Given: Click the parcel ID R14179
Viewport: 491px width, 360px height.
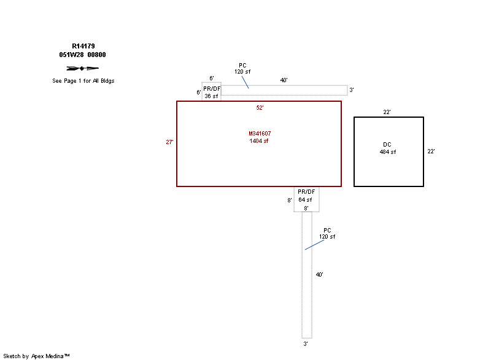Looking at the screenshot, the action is (x=83, y=46).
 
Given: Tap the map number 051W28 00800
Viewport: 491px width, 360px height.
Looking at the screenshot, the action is (x=82, y=55).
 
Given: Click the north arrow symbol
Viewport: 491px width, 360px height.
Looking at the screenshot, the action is (x=82, y=68).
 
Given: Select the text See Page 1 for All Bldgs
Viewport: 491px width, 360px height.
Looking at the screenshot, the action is (x=83, y=81).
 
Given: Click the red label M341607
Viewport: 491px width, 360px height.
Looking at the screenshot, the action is (x=260, y=134).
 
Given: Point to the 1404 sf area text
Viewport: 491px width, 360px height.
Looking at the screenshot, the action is (x=258, y=141).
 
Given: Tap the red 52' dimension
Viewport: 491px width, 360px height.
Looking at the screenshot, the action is (x=260, y=107).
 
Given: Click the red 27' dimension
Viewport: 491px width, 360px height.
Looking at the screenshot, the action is (x=169, y=142).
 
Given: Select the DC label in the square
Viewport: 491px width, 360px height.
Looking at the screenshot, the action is (x=387, y=145).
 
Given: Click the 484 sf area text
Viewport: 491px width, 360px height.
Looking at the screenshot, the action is (x=388, y=152).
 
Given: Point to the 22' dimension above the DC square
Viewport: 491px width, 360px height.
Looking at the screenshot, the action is (x=387, y=112).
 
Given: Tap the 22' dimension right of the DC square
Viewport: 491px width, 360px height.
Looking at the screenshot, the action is (x=431, y=151).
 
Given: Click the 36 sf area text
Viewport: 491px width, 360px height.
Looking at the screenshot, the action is (x=211, y=96).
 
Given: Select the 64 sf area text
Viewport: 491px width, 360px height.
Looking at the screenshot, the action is (x=305, y=199).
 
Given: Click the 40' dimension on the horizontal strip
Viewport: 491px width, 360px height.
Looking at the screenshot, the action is (x=284, y=80).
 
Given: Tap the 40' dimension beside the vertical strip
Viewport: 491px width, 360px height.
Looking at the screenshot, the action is (x=319, y=275).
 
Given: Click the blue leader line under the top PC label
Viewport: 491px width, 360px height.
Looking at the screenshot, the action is (x=245, y=82).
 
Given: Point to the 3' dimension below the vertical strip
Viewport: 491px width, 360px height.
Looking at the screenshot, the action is (x=306, y=343).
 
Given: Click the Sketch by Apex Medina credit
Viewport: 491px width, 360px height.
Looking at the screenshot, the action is (x=36, y=356).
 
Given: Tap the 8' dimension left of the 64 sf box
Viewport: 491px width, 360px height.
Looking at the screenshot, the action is (x=290, y=200).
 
